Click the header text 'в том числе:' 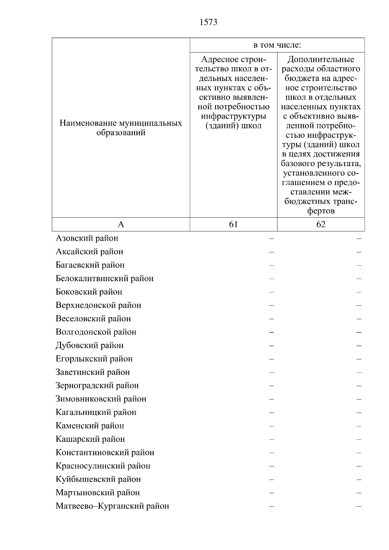277,45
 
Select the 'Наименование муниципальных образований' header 121,128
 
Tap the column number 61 233,224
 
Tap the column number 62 321,224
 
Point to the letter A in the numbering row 121,224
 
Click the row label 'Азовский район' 87,238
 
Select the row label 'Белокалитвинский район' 104,279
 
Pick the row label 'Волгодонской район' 96,332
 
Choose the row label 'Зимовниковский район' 101,399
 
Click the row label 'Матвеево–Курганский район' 112,506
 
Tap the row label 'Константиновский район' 105,453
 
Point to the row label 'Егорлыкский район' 94,359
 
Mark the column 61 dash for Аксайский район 272,252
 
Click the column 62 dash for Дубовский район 359,346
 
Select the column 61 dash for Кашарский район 272,440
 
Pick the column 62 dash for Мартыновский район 359,493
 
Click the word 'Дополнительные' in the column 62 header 321,60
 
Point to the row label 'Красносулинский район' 103,466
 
